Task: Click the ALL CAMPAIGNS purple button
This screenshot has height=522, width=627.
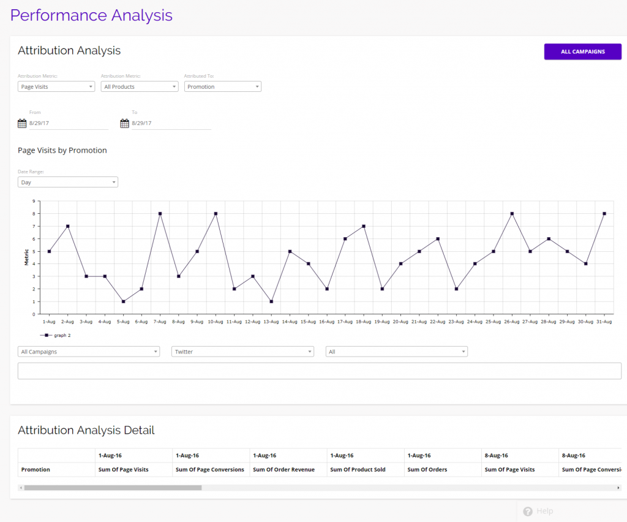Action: pos(582,51)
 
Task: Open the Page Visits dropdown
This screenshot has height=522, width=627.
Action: pos(56,86)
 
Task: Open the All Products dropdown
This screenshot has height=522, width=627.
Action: pos(140,86)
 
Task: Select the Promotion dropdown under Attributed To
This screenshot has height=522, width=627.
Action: pos(223,86)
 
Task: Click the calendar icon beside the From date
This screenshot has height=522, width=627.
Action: pos(22,123)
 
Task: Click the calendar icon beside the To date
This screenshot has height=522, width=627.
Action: pos(124,123)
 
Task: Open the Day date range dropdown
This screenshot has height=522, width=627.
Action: pos(68,182)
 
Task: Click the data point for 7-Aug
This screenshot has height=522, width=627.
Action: pos(160,214)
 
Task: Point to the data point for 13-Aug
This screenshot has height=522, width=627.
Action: pos(271,301)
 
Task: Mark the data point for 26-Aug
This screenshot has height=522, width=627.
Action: pos(512,214)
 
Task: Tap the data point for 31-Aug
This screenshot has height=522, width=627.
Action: pos(604,214)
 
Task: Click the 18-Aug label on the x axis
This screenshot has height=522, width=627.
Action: pos(364,321)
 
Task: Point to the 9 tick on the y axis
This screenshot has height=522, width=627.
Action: pos(34,201)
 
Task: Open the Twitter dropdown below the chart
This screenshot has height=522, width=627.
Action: pos(243,352)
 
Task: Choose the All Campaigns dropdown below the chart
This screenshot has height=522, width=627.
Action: pos(89,352)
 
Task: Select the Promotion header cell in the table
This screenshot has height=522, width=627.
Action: pos(36,469)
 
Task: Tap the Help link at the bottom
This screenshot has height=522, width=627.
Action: pos(538,511)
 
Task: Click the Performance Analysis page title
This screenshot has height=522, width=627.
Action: pos(92,15)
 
